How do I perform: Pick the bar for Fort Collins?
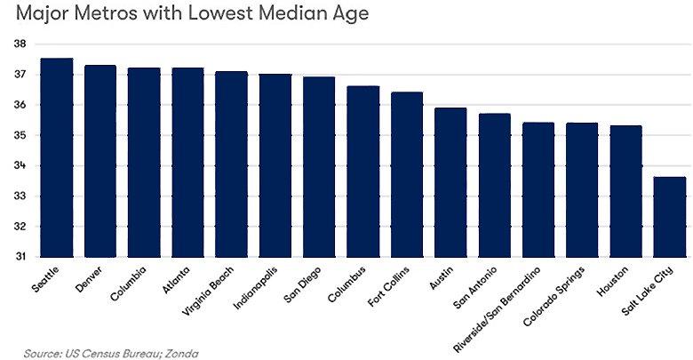point(407,174)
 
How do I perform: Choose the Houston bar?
point(625,191)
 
